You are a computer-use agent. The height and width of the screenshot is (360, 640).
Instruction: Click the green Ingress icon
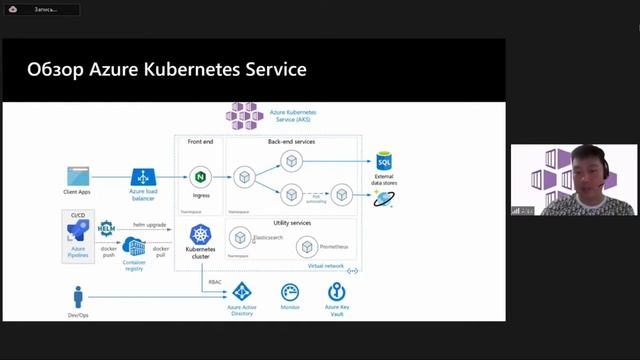point(200,177)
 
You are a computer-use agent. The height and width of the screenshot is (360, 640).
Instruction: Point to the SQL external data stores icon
point(384,162)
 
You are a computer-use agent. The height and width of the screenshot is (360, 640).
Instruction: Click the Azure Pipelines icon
point(78,234)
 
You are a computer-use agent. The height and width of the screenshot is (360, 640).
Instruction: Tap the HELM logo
point(107,229)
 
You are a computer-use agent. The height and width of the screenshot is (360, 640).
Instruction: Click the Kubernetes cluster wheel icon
point(199,235)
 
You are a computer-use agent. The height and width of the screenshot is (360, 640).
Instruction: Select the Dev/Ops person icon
point(78,297)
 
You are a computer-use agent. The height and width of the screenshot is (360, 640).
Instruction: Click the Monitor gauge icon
point(290,293)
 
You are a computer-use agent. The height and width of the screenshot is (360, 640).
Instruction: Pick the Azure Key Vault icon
point(337,293)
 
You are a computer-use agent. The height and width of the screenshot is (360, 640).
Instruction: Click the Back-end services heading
point(291,142)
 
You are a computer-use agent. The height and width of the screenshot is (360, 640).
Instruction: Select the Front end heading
point(200,142)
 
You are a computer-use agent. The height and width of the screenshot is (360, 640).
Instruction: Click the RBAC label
point(215,282)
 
